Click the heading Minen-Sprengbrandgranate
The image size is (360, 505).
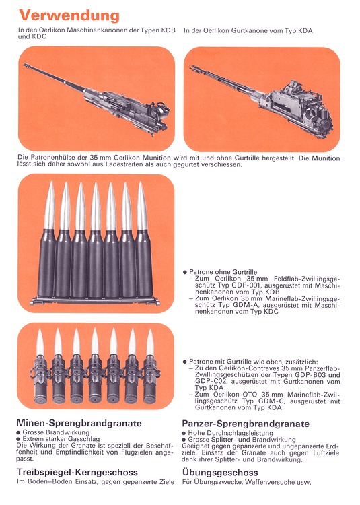(x=79, y=423)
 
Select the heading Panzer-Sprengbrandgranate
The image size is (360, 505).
(x=246, y=424)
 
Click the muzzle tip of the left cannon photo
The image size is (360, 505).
(x=26, y=65)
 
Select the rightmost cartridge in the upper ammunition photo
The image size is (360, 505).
(x=143, y=236)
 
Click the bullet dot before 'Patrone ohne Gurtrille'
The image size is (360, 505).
(x=185, y=272)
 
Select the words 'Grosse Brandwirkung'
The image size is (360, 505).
(x=54, y=432)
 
